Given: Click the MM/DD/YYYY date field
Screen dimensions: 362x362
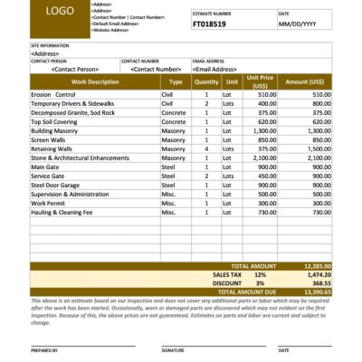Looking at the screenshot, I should click(x=300, y=26).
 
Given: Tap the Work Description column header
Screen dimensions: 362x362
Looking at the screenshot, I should click(x=95, y=81).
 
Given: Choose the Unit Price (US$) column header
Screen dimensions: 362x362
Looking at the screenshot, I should click(x=259, y=81).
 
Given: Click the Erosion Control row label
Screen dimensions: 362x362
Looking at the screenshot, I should click(x=53, y=94).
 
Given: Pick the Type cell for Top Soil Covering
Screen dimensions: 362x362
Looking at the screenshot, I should click(x=173, y=121).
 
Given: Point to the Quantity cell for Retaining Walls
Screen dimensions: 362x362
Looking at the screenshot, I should click(x=206, y=148).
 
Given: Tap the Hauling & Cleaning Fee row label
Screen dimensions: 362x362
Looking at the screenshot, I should click(x=62, y=213).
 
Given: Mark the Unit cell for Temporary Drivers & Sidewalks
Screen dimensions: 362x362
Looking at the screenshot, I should click(x=233, y=103).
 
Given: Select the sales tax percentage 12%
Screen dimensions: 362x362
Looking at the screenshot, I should click(x=260, y=274).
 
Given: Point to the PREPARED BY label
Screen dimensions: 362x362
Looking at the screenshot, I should click(x=44, y=349).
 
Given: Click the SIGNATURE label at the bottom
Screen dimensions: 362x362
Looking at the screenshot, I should click(x=173, y=349).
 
